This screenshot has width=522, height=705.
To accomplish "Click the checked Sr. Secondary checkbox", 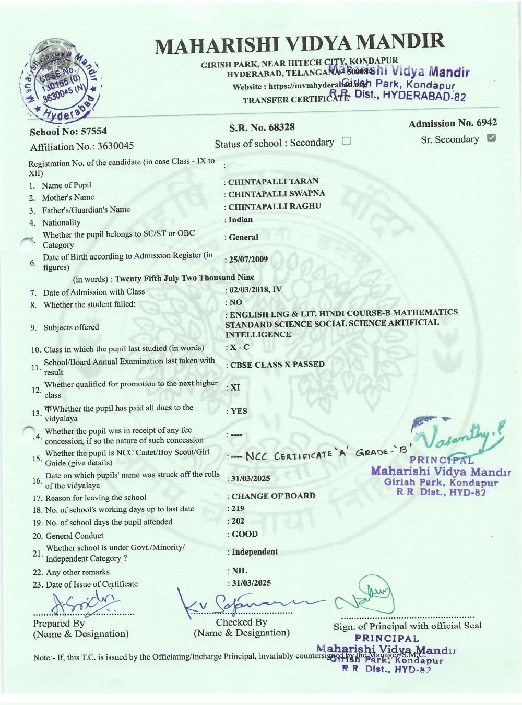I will [491, 138].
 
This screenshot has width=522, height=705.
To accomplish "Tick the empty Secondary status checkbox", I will [346, 141].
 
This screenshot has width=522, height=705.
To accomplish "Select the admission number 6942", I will [487, 123].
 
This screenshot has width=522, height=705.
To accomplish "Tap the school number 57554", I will [93, 131].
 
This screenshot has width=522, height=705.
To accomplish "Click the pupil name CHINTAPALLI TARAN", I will [273, 181].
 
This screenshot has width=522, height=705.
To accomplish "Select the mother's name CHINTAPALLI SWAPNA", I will [276, 194].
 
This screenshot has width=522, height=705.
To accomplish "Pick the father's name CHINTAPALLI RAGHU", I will [275, 206].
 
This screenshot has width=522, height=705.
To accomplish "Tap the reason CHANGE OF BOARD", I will [273, 496].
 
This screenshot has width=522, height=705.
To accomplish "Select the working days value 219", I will [238, 508].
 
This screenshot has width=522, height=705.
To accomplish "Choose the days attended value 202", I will [238, 521].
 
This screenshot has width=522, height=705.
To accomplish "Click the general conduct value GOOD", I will [245, 534].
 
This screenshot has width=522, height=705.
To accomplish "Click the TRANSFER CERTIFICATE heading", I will [295, 100].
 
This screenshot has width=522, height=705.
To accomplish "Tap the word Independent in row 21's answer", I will [255, 551].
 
